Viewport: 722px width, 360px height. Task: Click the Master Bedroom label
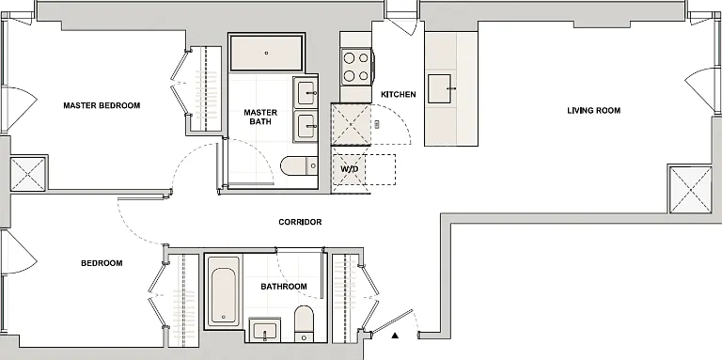point(102,105)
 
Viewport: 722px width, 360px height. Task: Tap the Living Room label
point(593,111)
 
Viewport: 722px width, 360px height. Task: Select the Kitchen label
point(399,94)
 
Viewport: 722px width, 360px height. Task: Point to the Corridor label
point(300,222)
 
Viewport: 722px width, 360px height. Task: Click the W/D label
point(350,169)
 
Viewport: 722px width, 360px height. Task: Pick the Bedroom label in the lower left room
point(102,263)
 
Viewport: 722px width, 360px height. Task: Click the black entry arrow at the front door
point(395,336)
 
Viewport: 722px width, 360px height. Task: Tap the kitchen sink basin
point(439,88)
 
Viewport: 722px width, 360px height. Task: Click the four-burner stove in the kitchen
point(356,68)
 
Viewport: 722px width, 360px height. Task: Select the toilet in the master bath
point(299,165)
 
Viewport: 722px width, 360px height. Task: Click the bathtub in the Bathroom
point(224,290)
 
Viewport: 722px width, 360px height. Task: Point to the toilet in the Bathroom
point(304,323)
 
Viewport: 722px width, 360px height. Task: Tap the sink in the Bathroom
point(265,330)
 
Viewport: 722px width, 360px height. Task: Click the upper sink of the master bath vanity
point(306,92)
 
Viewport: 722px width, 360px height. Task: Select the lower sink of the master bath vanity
point(306,126)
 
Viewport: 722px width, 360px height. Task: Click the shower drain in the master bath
point(267,53)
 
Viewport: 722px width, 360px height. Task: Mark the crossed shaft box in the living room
point(690,190)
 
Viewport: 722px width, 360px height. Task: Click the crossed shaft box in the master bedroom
point(27,174)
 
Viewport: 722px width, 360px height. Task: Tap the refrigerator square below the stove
point(351,124)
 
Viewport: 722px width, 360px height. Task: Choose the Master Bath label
point(260,117)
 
